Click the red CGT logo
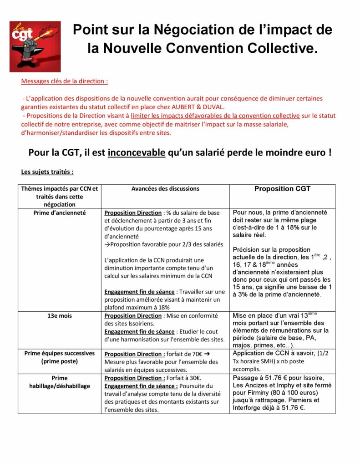[29, 46]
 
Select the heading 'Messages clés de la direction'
[64, 82]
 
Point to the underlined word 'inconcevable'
[137, 152]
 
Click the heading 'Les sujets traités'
[47, 172]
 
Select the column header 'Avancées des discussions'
[165, 188]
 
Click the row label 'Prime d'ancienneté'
[59, 213]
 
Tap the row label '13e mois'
[60, 315]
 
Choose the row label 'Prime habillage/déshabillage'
[60, 382]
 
